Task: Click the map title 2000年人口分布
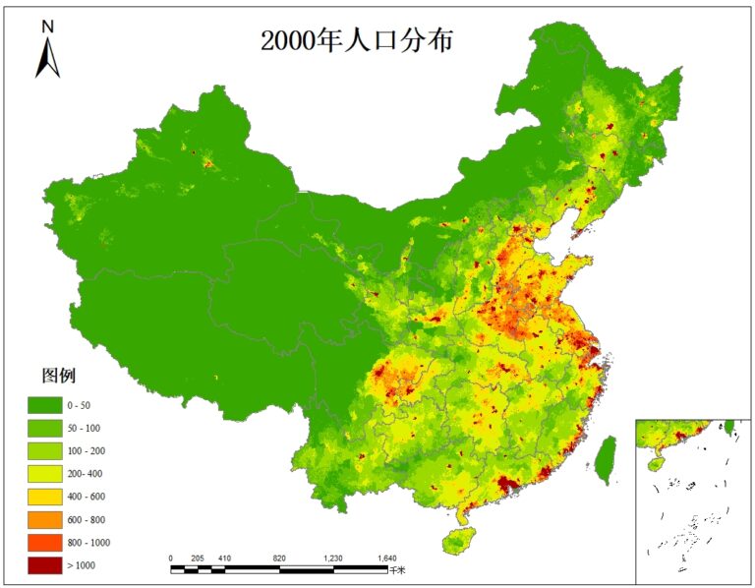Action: [357, 40]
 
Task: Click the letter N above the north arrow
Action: [47, 27]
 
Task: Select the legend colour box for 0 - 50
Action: [42, 405]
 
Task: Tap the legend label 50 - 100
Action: [84, 428]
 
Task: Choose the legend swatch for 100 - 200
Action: [42, 450]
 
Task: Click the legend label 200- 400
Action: [84, 473]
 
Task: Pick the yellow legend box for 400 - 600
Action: [42, 496]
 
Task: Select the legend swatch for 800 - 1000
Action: [42, 542]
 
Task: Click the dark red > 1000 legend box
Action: [42, 564]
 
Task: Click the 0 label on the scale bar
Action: [171, 558]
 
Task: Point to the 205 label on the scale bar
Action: [198, 558]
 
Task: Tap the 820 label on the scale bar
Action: [279, 558]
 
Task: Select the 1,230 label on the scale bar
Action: [333, 558]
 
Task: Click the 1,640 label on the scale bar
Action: [387, 558]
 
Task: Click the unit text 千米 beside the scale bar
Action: [397, 569]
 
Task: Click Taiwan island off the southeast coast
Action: [607, 458]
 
